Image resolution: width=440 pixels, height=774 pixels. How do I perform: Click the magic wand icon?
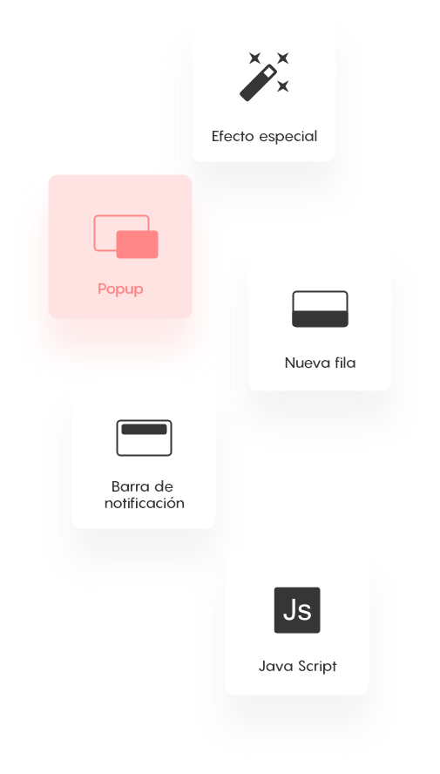click(x=264, y=77)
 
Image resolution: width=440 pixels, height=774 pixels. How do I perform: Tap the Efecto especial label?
click(x=264, y=136)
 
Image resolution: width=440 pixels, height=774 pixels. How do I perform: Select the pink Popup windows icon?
click(x=125, y=236)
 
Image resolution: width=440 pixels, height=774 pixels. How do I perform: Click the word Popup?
click(x=120, y=289)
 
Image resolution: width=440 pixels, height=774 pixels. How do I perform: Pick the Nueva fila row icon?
click(x=320, y=309)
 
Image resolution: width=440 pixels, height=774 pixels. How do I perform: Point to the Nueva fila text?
click(x=320, y=363)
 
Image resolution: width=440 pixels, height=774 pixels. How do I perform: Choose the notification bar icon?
click(x=144, y=438)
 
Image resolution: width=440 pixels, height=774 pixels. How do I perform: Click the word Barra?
click(x=128, y=486)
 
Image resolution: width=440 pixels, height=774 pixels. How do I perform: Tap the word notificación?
click(x=144, y=504)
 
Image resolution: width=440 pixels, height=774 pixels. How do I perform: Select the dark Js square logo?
click(x=297, y=610)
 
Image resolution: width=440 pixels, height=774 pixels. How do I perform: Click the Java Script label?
click(x=297, y=667)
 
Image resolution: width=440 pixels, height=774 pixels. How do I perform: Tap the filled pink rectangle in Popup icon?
click(x=137, y=244)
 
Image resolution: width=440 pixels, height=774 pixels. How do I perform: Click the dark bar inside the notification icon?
click(x=144, y=430)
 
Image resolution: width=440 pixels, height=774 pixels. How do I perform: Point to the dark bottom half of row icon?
click(x=320, y=319)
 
